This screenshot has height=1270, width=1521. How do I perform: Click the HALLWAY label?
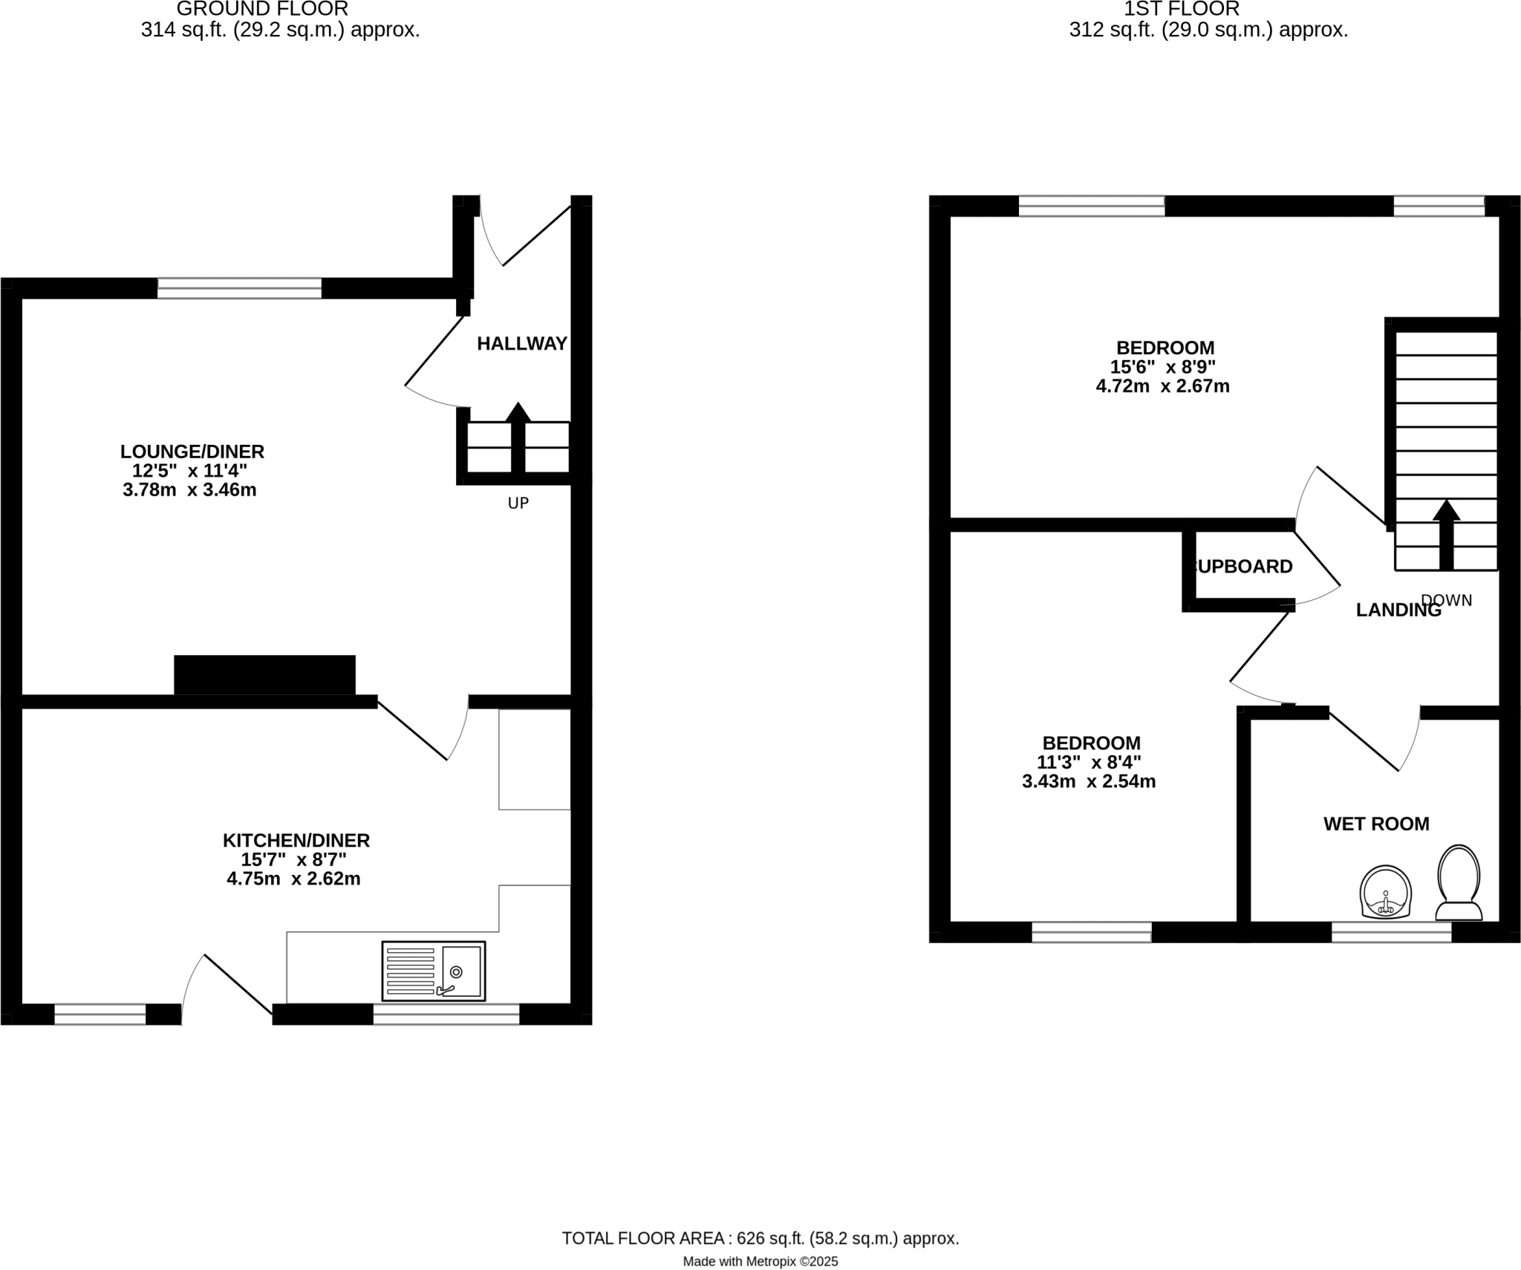click(521, 343)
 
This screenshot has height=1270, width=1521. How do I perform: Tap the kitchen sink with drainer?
click(434, 971)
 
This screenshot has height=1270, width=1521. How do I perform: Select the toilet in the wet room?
click(1459, 883)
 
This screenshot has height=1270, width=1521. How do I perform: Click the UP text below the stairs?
click(518, 504)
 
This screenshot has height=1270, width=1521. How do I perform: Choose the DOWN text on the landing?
click(1447, 600)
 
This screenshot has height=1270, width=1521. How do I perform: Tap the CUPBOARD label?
click(1245, 567)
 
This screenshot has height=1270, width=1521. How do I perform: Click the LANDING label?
click(1398, 610)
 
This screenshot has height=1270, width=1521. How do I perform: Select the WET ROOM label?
click(1376, 824)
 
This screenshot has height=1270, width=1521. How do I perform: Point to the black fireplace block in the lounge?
click(264, 674)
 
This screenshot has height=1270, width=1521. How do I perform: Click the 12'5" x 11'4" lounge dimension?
click(189, 471)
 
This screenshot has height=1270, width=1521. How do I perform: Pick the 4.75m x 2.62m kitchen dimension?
click(293, 879)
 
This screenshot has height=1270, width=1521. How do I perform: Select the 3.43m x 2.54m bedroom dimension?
click(1089, 781)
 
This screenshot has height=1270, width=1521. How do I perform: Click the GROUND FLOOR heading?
click(262, 10)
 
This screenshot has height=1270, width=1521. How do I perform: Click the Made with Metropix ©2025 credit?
click(760, 1262)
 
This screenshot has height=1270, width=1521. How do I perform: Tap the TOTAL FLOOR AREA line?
click(760, 1238)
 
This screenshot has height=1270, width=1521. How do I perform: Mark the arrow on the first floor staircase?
click(1445, 534)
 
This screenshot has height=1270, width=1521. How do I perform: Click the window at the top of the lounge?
click(239, 288)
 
